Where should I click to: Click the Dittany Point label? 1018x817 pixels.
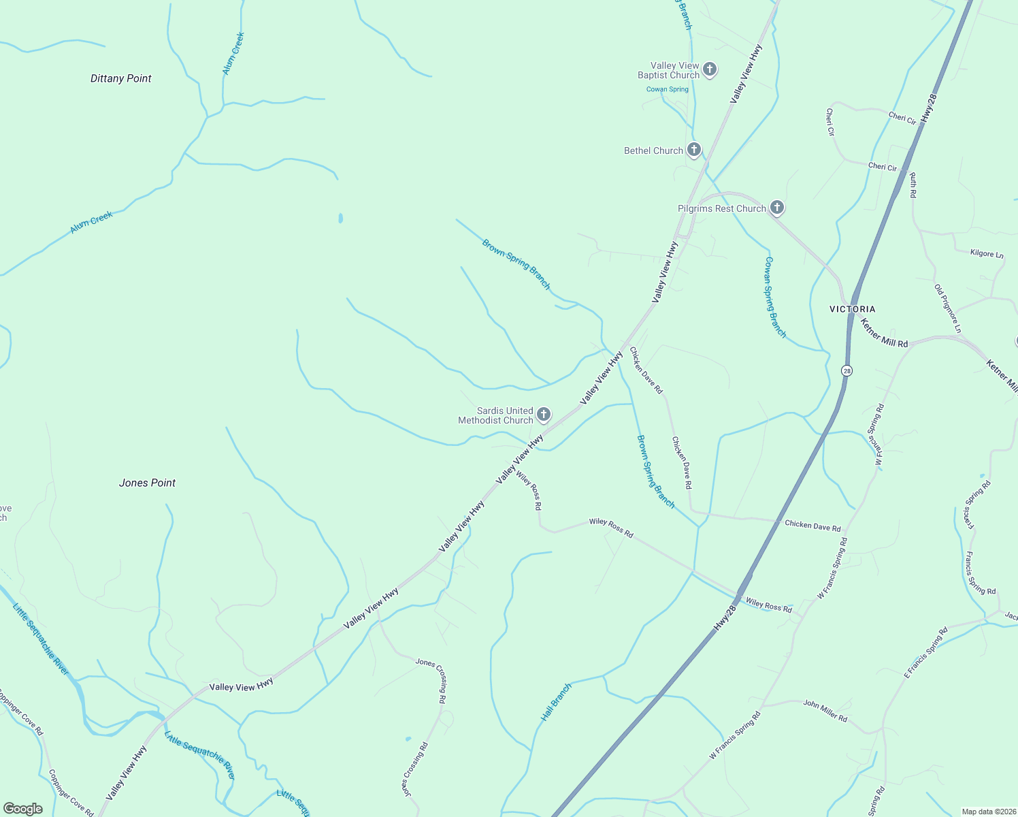[121, 78]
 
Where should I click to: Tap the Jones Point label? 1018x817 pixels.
[147, 483]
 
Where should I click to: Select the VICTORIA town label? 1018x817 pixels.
[852, 309]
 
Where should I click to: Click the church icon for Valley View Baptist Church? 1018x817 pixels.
[710, 69]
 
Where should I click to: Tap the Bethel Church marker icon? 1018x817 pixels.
[693, 150]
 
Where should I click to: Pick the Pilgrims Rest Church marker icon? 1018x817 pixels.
[777, 208]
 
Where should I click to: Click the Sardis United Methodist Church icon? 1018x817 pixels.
[544, 414]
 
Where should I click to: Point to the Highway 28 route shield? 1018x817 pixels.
[847, 370]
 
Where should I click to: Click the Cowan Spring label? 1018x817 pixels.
[668, 89]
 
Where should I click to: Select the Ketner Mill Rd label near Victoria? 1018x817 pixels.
[883, 333]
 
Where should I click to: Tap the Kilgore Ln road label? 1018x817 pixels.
[987, 254]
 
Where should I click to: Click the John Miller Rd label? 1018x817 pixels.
[825, 710]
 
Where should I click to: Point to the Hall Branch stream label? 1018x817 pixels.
[556, 703]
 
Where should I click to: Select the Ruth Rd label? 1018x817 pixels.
[913, 185]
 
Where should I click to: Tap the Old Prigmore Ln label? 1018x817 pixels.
[948, 308]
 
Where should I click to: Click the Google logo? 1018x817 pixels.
[22, 809]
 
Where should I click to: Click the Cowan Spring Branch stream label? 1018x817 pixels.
[775, 297]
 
